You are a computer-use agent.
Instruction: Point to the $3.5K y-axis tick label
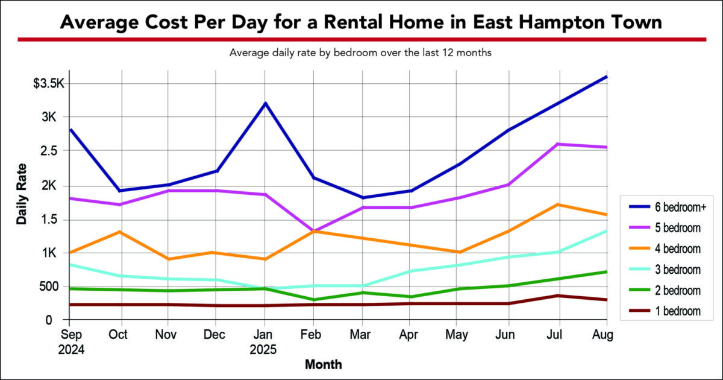coord(49,83)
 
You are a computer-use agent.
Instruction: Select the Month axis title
coord(324,364)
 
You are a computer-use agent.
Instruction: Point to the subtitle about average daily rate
coord(361,53)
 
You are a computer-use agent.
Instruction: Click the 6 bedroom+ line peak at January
coord(266,103)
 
